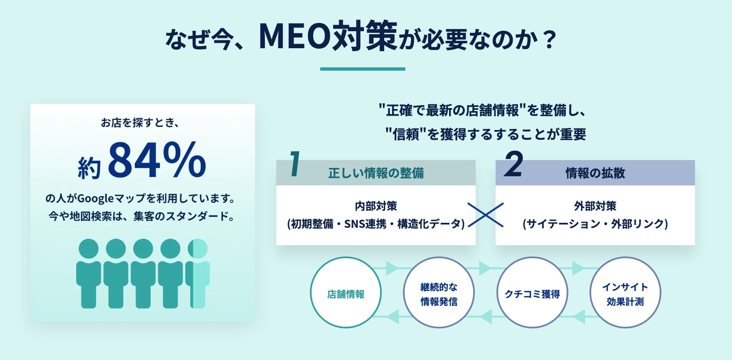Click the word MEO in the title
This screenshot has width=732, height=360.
pos(295,37)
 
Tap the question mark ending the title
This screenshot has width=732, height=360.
pos(549,40)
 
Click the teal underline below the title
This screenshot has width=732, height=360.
pos(363,69)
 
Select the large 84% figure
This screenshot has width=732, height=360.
pos(157,160)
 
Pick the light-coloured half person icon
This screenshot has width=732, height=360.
pos(199,273)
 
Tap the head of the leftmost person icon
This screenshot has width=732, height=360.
pos(88,249)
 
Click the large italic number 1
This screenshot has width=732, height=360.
pos(295,164)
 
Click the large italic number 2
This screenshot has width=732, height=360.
pos(514,164)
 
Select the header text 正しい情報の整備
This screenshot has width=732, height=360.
pos(376,173)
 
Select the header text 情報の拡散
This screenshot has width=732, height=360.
pos(595,173)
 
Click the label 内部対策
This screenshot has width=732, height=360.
pos(376,206)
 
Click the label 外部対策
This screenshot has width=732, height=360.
pos(595,206)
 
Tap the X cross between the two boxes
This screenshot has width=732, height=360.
pos(486,215)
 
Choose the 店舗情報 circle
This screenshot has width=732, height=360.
pos(346,293)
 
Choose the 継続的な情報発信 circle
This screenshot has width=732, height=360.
pos(439,293)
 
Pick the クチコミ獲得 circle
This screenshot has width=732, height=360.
pos(532,293)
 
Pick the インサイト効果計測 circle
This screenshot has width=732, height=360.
pos(625,293)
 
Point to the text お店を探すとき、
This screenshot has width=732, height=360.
pos(140,123)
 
